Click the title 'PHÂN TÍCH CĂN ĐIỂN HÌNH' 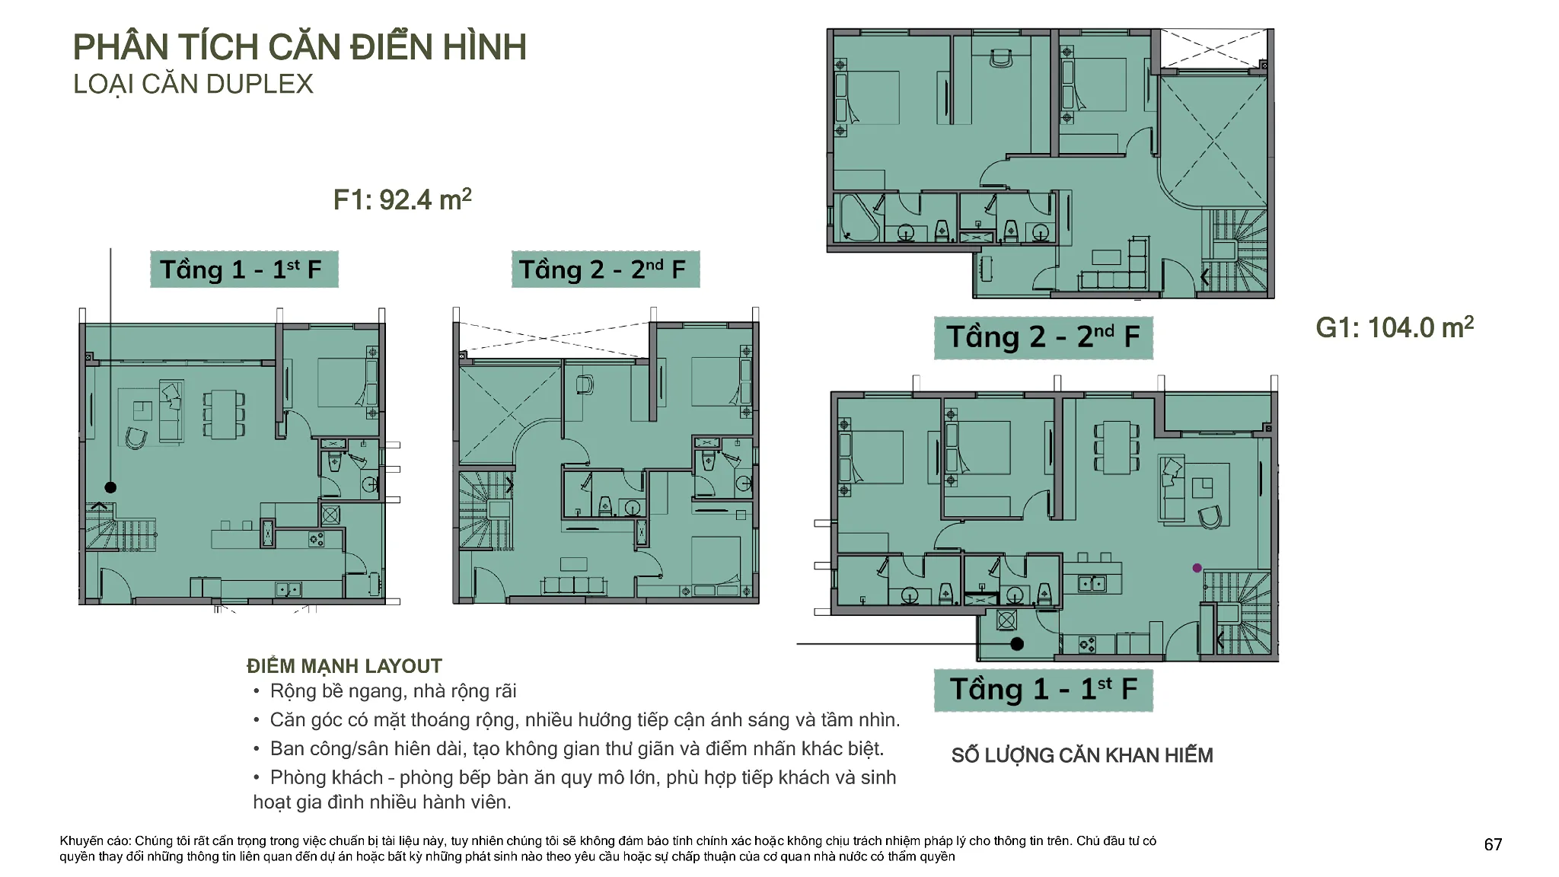point(299,46)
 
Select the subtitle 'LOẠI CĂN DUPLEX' point(193,84)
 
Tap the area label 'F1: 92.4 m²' point(403,199)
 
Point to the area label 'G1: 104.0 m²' point(1395,327)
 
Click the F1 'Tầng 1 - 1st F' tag point(244,269)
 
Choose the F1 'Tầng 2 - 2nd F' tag point(605,269)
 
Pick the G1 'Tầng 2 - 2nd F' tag point(1044,337)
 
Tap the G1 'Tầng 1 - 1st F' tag point(1044,690)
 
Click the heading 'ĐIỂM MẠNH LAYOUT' point(344,666)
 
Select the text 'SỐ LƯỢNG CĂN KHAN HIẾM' point(1082,755)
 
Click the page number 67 point(1493,844)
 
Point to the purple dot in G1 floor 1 point(1197,568)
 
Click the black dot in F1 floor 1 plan point(110,487)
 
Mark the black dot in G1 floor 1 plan point(1017,644)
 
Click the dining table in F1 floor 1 point(224,414)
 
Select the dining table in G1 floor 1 point(1116,448)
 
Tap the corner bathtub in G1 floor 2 point(859,218)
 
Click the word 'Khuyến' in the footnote point(80,841)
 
